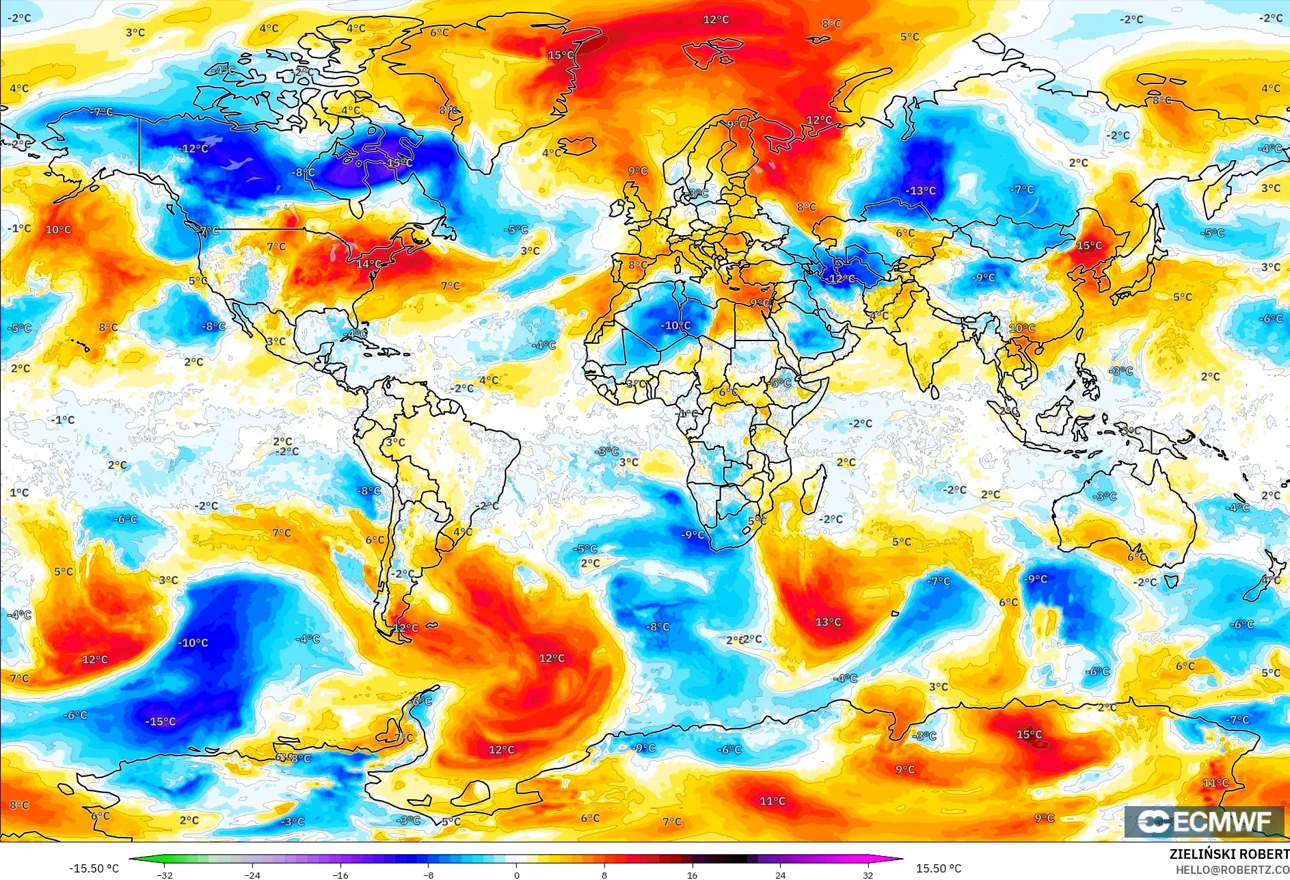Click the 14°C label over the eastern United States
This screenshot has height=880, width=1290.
(x=368, y=264)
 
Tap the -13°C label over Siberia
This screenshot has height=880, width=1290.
(x=920, y=191)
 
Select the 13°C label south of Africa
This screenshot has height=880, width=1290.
(x=828, y=622)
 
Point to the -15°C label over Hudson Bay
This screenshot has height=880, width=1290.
(x=399, y=163)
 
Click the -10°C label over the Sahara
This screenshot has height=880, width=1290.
(x=675, y=325)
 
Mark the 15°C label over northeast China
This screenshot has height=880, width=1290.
(x=1089, y=246)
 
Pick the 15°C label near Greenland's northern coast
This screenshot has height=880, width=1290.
(x=561, y=55)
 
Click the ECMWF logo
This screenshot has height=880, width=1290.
(x=1205, y=821)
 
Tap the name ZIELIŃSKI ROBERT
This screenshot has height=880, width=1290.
(x=1229, y=854)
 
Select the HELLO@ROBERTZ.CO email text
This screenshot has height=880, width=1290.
(x=1232, y=870)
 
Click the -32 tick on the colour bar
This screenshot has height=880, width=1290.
(x=165, y=875)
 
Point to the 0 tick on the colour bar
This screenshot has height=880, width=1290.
(x=516, y=875)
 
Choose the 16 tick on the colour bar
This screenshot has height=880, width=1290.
(x=692, y=875)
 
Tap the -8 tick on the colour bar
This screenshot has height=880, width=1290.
(x=429, y=875)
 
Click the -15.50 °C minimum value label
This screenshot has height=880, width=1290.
(x=94, y=868)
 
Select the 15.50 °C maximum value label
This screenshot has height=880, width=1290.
(x=938, y=868)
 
